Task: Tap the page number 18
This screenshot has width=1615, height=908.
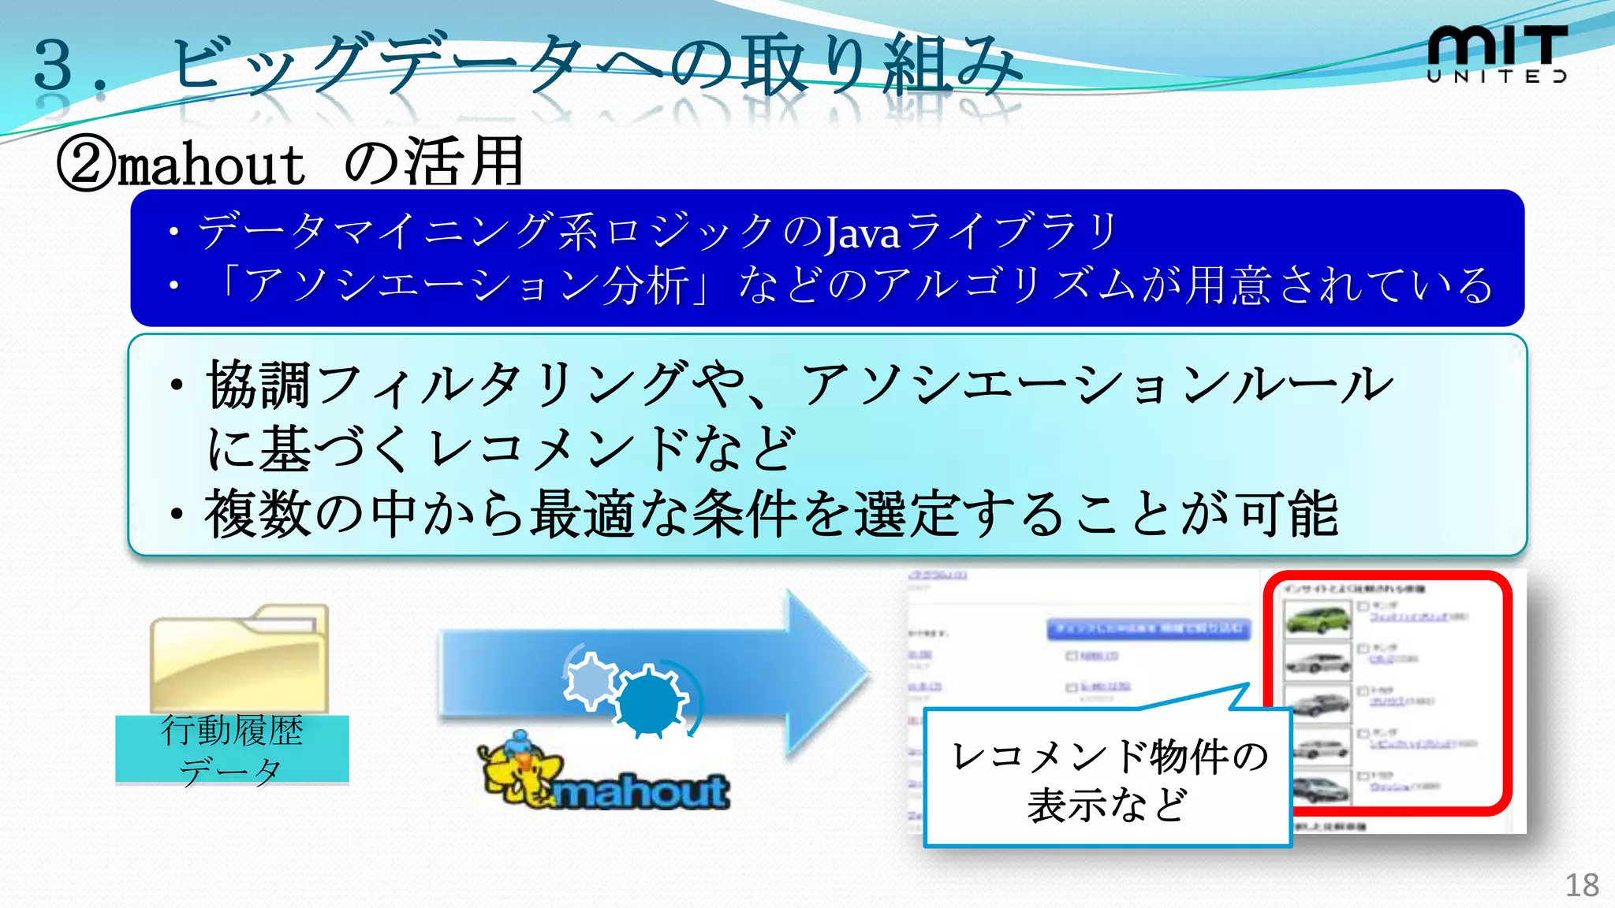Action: (1581, 885)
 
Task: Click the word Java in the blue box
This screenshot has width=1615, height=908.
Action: (862, 233)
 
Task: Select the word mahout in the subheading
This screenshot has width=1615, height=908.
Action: (211, 166)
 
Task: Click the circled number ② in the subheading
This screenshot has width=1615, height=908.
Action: (85, 165)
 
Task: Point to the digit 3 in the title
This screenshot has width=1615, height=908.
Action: (54, 65)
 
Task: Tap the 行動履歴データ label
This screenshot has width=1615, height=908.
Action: (232, 749)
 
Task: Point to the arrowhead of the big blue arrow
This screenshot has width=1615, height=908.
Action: (828, 675)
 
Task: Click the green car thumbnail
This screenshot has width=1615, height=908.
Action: (1316, 618)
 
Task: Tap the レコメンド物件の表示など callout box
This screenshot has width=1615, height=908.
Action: (1107, 779)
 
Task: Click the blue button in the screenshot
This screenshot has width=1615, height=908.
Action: (1148, 628)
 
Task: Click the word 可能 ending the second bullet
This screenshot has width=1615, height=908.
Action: (1289, 514)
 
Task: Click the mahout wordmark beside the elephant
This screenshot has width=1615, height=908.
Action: (642, 791)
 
